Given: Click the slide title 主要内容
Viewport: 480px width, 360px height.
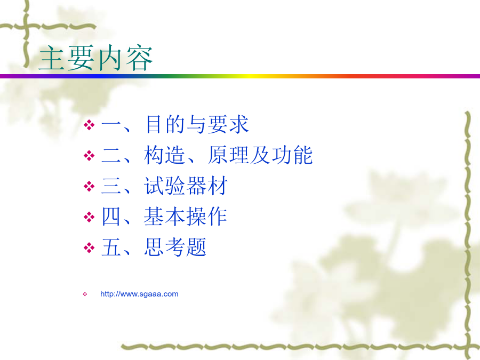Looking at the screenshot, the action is tap(96, 58).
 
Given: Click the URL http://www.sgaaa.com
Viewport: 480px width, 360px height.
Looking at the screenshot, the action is tap(139, 294).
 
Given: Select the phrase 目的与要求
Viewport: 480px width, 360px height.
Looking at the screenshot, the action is tap(197, 124).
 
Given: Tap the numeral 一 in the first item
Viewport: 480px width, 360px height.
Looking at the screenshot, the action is tap(111, 125).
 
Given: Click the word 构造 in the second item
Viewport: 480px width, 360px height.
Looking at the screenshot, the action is tap(164, 155).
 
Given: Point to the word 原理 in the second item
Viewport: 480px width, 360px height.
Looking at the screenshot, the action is tap(228, 155).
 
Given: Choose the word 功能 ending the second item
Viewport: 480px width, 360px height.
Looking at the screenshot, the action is tap(292, 155).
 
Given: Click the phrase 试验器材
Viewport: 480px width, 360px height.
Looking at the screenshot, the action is tap(186, 186).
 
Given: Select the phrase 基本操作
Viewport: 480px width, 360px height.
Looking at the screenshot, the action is tap(186, 217).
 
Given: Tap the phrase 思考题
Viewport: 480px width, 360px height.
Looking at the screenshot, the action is tap(175, 247).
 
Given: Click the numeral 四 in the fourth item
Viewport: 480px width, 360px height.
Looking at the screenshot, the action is tap(111, 217).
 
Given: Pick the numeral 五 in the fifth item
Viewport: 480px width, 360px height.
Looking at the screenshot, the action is tap(111, 247).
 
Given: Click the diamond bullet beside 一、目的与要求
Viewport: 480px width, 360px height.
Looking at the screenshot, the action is tap(89, 125).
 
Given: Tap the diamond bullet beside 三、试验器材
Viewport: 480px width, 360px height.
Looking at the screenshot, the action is tap(89, 186).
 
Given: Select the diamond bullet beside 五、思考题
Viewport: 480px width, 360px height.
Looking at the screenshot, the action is tap(89, 247).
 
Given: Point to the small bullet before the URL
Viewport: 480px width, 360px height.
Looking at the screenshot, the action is tap(85, 294).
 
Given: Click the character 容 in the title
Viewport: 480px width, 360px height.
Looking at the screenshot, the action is tap(139, 58).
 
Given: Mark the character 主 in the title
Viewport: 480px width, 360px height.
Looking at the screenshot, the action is tap(52, 58).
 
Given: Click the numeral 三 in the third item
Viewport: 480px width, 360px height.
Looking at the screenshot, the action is tap(111, 186).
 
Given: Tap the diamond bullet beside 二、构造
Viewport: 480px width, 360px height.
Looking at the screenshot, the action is tap(89, 156).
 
